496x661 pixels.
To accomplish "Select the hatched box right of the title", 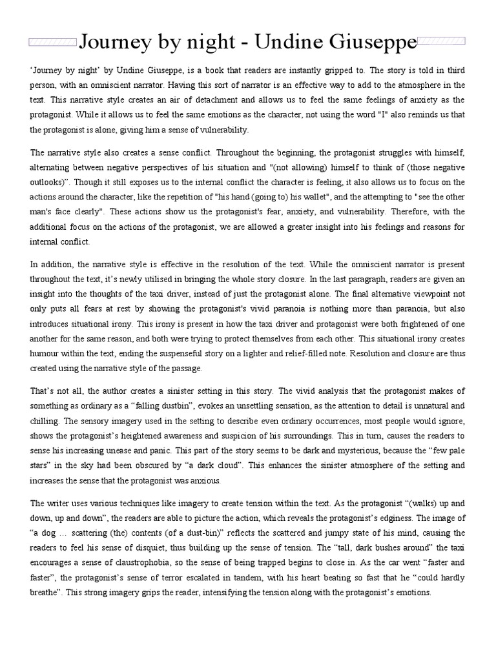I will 443,43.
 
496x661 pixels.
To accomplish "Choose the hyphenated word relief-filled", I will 293,353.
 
